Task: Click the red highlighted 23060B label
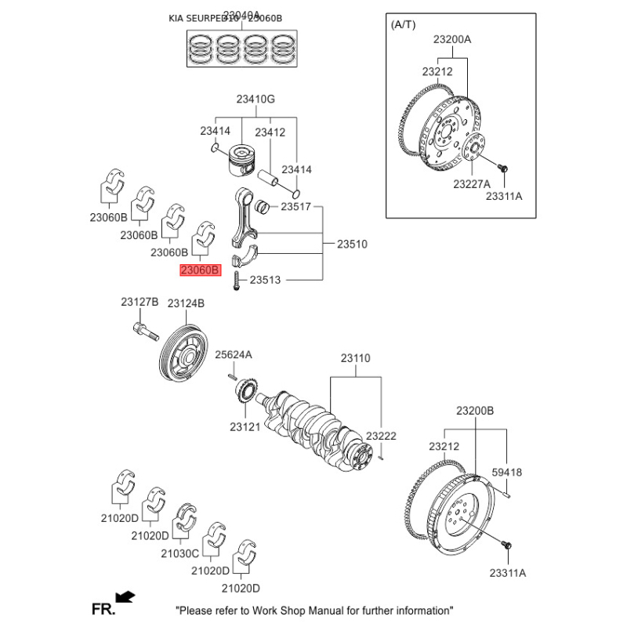point(201,271)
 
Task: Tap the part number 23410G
point(256,100)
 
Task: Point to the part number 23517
point(296,207)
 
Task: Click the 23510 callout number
point(352,245)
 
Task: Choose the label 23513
point(266,279)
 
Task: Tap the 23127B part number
point(140,303)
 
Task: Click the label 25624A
point(234,354)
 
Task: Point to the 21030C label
point(180,553)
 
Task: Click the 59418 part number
point(506,472)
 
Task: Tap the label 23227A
point(471,184)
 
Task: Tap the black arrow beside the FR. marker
point(125,598)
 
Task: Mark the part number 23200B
point(475,411)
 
